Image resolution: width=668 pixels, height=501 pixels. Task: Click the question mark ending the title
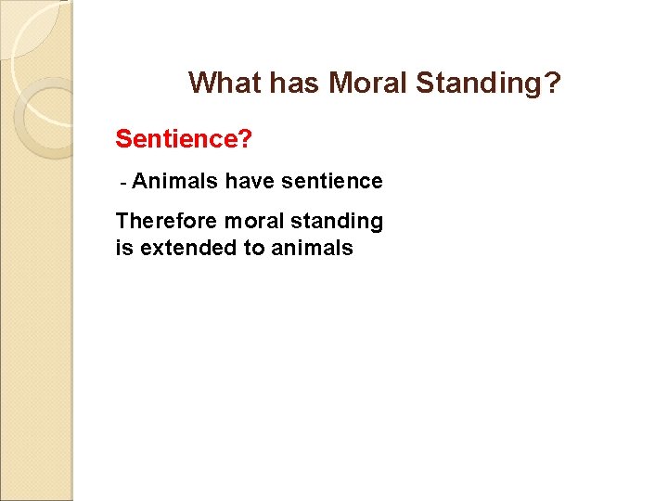pos(553,83)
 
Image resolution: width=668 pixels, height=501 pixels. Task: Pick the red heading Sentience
pos(177,139)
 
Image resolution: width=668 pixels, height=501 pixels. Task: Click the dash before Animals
pos(123,182)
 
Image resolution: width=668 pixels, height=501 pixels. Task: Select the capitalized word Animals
pos(175,181)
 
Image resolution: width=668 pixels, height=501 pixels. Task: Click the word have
pos(250,181)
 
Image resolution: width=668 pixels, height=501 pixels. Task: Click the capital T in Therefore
pos(122,221)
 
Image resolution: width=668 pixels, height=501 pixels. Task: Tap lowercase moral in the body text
pos(251,221)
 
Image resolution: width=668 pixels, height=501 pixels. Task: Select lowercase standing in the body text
pos(337,222)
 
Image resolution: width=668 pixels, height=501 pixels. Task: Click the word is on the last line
pos(122,248)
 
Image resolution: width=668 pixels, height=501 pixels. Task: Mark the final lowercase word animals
pos(312,248)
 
